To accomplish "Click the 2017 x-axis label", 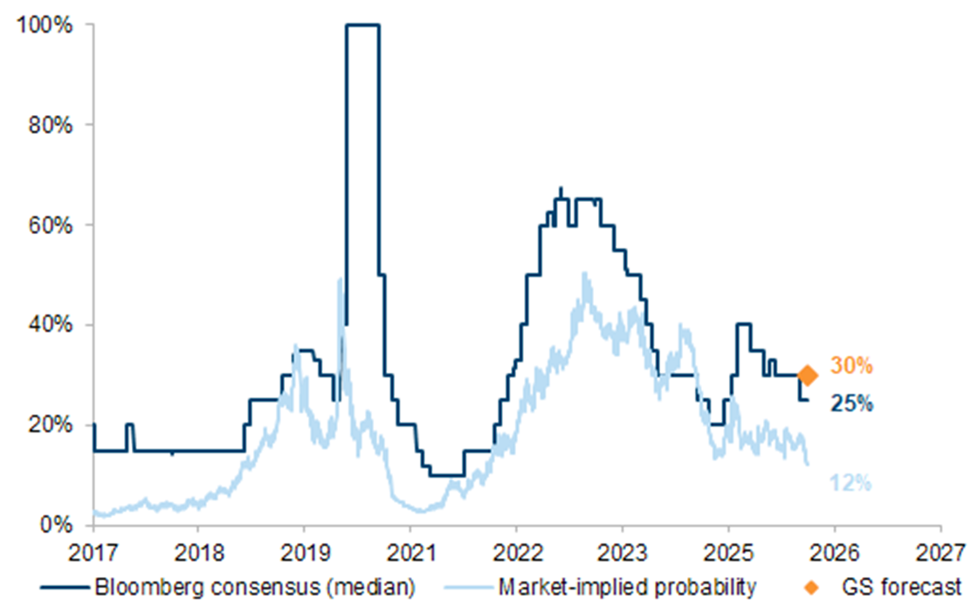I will coord(92,552).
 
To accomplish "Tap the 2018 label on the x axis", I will coord(197,552).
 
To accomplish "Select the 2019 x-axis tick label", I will coord(304,552).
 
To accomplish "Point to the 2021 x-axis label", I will coord(410,552).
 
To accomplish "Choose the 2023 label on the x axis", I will coord(622,552).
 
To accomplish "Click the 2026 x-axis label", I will coord(834,552).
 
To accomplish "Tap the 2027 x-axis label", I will coord(940,552).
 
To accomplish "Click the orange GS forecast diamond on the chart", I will coord(808,376).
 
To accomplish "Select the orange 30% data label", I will coord(851,366).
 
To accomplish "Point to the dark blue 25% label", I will coord(851,404).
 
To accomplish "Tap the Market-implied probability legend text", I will coord(626,588).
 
